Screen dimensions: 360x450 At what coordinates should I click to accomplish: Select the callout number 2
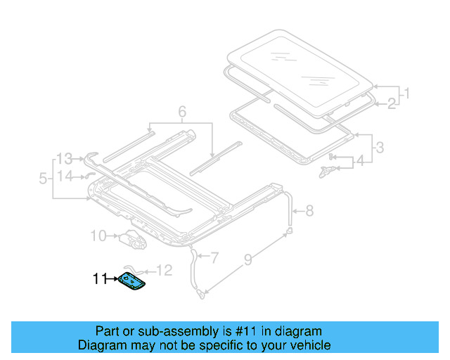coord(391,104)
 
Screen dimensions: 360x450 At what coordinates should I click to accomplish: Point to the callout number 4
coord(360,161)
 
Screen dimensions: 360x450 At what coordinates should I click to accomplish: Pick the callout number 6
coord(181,111)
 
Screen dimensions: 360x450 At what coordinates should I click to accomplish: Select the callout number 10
coord(98,236)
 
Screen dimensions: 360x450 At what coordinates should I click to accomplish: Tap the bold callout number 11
coord(100,279)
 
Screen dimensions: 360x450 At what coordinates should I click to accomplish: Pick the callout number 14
coord(65,176)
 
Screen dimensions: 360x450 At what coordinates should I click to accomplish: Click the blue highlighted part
coord(132,280)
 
